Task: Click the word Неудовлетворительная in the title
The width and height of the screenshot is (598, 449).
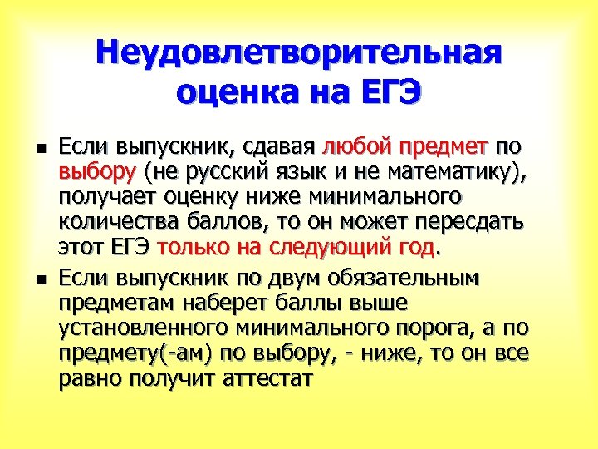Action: pos(299,53)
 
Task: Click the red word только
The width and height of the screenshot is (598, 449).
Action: pos(191,249)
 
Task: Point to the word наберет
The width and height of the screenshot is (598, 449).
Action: pos(218,301)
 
